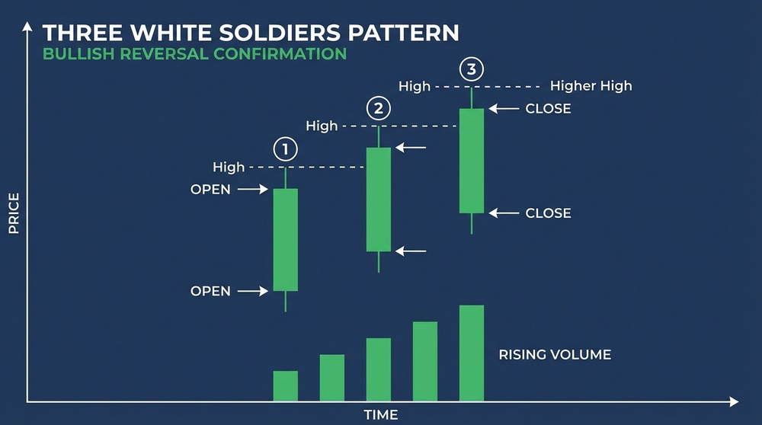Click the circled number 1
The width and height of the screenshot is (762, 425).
pos(285,149)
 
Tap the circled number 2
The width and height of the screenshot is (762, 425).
pos(378,108)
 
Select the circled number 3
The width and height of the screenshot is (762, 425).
pos(472,70)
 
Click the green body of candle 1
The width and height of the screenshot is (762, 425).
pos(286,239)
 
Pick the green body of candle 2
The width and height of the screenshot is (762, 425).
pos(379,199)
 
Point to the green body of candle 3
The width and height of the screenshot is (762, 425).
pos(472,160)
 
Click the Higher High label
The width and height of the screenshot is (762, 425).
pos(591,86)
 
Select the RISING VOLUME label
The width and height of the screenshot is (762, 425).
pos(555,355)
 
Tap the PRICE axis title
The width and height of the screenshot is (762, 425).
pos(14,213)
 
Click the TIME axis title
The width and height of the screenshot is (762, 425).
pos(380,415)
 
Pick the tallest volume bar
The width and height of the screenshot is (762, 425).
pos(472,353)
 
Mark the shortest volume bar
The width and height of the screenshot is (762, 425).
pos(286,385)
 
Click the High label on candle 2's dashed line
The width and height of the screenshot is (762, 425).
pos(322,126)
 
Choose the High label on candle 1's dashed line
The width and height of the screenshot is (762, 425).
pos(229,167)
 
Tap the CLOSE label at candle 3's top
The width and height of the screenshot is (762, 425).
pos(548,109)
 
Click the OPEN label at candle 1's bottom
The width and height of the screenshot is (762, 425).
pos(210,291)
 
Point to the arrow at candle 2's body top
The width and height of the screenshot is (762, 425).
pos(410,148)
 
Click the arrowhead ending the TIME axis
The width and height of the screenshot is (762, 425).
pos(733,401)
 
